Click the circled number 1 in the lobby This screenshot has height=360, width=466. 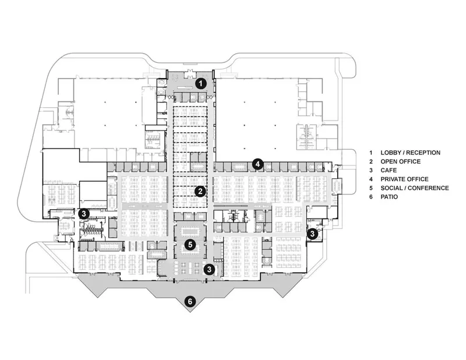(201, 83)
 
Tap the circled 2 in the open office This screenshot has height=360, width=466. (200, 192)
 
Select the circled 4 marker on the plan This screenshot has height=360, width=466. (257, 164)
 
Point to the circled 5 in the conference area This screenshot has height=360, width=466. (190, 245)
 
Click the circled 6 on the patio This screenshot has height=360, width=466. (190, 302)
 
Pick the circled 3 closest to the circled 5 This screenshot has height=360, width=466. (209, 269)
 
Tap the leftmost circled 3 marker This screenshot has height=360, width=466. (84, 213)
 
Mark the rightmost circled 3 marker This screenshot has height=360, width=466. (312, 234)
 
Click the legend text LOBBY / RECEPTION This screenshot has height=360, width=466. (411, 153)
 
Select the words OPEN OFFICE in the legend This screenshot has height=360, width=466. (401, 161)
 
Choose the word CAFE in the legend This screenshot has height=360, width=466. (389, 170)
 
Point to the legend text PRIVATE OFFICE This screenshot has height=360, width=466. (404, 179)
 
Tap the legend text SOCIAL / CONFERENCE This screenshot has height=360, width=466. (415, 188)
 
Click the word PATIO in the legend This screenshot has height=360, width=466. (389, 197)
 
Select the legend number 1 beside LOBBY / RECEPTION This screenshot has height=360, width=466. (371, 153)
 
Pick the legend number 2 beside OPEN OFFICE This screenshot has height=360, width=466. (371, 161)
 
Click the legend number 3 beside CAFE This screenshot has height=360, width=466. (371, 170)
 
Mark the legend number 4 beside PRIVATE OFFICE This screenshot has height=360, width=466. (371, 179)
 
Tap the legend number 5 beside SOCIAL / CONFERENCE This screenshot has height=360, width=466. (371, 188)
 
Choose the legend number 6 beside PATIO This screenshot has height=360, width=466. (371, 197)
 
